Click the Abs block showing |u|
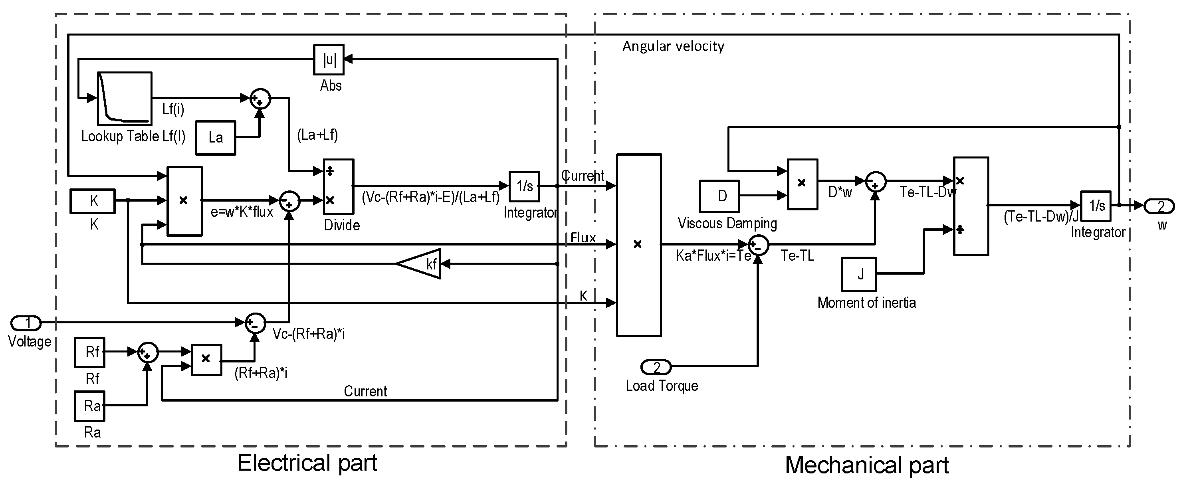click(329, 59)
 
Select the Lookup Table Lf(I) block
click(124, 99)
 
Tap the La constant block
click(215, 137)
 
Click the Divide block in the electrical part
click(339, 186)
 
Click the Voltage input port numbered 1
click(26, 323)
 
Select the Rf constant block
click(90, 352)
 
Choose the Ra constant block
click(90, 406)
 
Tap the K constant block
click(93, 201)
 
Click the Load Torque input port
click(656, 367)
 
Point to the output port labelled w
click(1158, 206)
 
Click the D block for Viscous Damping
click(719, 196)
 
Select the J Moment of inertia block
click(858, 274)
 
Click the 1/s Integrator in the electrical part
click(524, 186)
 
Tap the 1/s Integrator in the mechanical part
click(1095, 206)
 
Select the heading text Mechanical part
click(867, 465)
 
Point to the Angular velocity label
click(673, 46)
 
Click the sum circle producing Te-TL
click(759, 245)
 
